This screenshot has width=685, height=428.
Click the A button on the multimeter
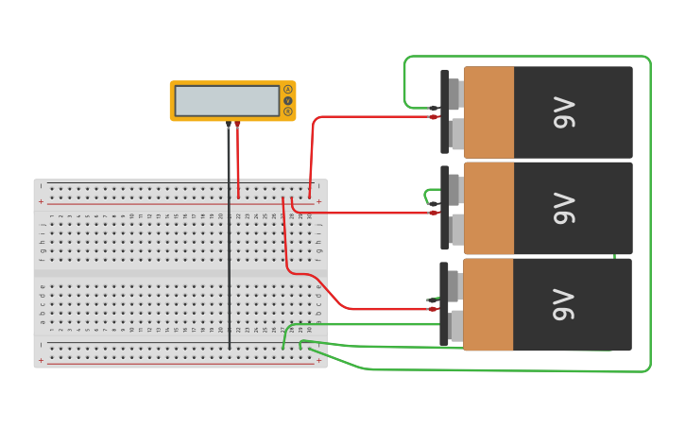click(x=288, y=90)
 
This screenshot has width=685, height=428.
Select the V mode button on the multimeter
click(x=288, y=101)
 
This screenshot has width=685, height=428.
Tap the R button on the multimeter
click(x=288, y=111)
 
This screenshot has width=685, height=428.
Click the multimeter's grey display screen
click(x=227, y=101)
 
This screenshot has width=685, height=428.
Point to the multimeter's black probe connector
click(x=229, y=124)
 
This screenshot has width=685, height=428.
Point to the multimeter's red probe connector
click(x=237, y=124)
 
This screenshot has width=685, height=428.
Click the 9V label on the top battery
click(x=564, y=111)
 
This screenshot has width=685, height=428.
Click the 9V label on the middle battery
click(x=564, y=208)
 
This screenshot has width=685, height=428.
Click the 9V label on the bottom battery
click(x=564, y=304)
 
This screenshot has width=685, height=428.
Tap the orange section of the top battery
click(x=489, y=111)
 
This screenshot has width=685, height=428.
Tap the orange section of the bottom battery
click(x=489, y=304)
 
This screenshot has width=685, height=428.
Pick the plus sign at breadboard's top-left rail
click(x=41, y=201)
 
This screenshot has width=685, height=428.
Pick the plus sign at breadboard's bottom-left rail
click(x=41, y=360)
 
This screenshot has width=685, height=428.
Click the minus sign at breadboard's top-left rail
click(x=41, y=186)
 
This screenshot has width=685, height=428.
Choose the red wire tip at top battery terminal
click(x=434, y=117)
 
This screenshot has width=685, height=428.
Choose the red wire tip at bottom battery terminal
click(x=433, y=308)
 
